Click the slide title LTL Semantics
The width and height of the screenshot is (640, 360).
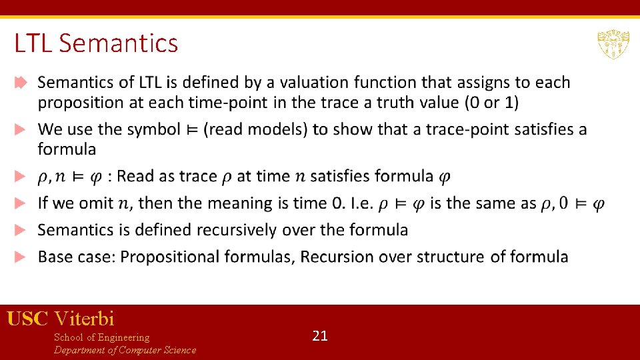click(96, 44)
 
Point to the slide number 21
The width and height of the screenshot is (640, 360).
click(320, 336)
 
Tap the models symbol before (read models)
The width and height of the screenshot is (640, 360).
click(193, 130)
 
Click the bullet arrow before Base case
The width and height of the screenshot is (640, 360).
click(21, 257)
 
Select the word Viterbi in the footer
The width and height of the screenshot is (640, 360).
click(85, 319)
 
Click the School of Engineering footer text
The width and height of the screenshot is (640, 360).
click(101, 337)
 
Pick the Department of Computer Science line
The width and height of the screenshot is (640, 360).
click(125, 350)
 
